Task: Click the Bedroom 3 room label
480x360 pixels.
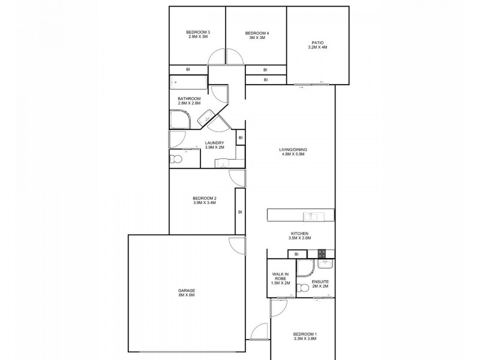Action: tap(197, 32)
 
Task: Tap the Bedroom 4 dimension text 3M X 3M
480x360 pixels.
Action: tap(257, 37)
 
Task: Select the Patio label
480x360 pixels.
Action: tap(318, 43)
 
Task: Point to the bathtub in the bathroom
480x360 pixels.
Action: tap(189, 83)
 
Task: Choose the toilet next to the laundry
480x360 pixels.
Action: tap(175, 159)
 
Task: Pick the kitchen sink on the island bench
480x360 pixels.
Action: tap(311, 216)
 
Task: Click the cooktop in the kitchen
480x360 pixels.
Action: tap(322, 254)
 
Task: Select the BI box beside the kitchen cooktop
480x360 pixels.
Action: tap(296, 254)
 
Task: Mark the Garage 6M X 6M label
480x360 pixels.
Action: tap(186, 293)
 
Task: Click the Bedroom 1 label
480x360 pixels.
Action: tap(305, 334)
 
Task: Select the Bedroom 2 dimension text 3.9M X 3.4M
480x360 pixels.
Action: tap(205, 203)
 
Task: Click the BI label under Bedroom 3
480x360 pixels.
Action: tap(188, 70)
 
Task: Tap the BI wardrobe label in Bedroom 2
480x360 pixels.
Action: tap(240, 211)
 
